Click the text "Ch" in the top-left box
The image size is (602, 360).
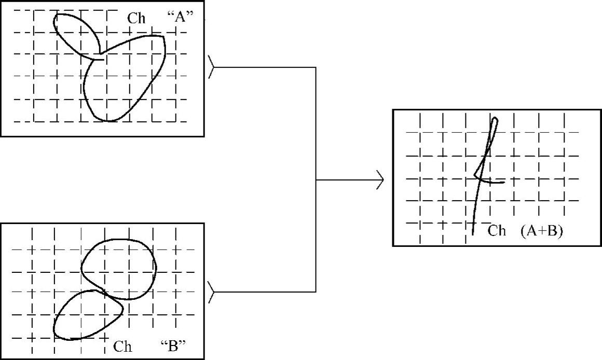tap(136, 19)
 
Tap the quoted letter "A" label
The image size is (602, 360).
tap(181, 17)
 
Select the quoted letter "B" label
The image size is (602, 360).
tap(173, 345)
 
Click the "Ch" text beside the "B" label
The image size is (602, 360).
tap(122, 346)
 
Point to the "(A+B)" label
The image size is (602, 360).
tap(541, 232)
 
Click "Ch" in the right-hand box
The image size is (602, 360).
tap(497, 231)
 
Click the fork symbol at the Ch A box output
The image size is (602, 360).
tap(211, 67)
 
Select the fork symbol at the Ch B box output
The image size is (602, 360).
tap(211, 292)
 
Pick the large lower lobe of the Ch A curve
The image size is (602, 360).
tap(122, 78)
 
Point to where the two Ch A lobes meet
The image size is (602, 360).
tap(99, 54)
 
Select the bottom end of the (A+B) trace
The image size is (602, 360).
tap(473, 233)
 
